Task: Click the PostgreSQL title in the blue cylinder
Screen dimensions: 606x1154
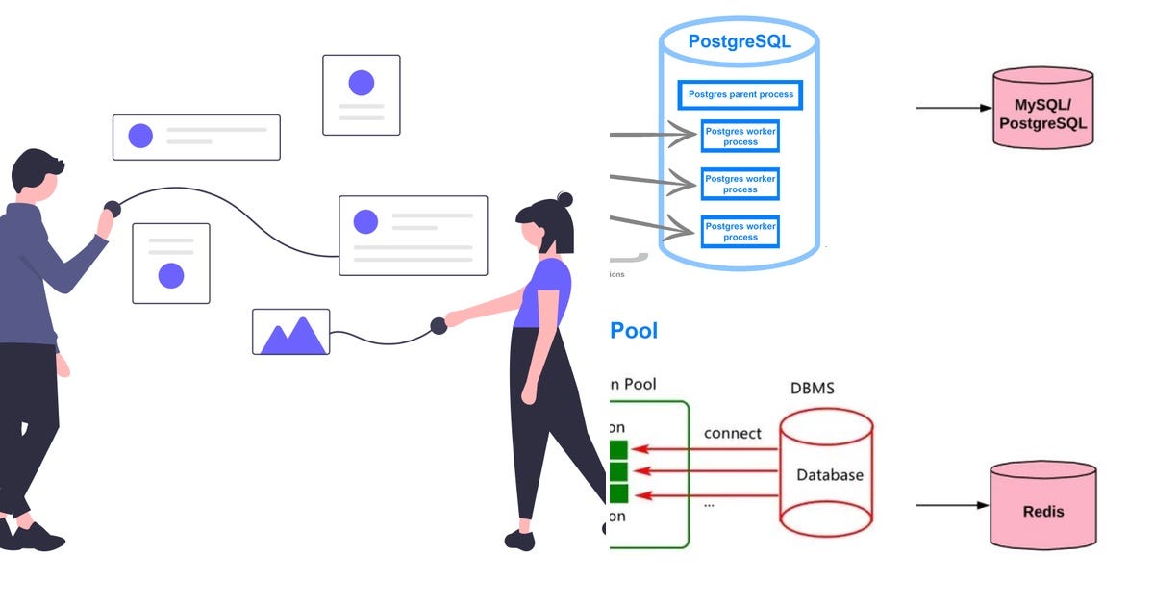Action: (739, 42)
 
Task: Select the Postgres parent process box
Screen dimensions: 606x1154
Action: (740, 94)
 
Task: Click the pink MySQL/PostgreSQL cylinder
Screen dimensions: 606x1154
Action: (1043, 108)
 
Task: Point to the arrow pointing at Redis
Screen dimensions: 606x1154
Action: (952, 505)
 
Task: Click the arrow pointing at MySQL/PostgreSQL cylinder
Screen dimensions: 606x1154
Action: (952, 107)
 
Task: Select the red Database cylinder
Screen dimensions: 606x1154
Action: (826, 474)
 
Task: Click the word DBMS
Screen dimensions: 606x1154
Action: (812, 389)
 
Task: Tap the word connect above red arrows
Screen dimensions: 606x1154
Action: (732, 433)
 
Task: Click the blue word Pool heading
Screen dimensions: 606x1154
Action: (634, 331)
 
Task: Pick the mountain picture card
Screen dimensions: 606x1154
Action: (290, 332)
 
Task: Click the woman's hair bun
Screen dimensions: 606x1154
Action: (564, 199)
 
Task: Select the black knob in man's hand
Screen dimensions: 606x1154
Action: (113, 208)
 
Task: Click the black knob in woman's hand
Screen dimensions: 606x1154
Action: (439, 325)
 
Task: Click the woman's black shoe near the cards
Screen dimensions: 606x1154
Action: (520, 540)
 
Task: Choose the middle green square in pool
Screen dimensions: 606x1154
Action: (617, 471)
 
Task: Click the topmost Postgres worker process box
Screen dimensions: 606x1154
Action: (740, 136)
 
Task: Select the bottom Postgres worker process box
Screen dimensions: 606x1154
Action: (740, 231)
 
